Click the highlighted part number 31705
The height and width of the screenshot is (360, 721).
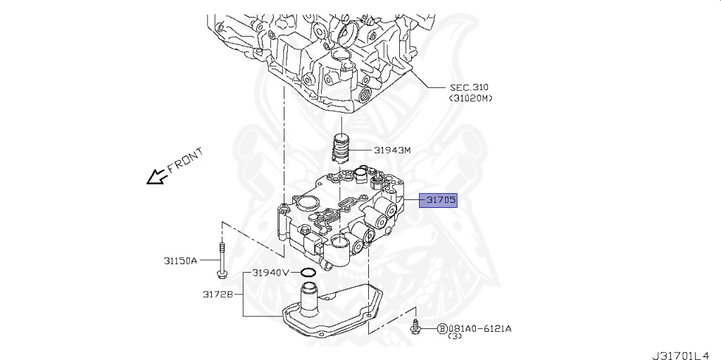click(x=440, y=200)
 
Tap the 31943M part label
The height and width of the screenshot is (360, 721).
click(x=392, y=150)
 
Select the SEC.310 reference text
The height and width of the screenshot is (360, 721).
click(x=469, y=87)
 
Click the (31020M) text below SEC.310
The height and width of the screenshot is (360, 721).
click(x=470, y=98)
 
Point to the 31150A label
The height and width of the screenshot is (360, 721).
click(x=181, y=260)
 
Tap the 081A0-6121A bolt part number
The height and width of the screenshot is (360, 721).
click(x=480, y=328)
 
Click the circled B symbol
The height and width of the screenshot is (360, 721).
click(x=442, y=328)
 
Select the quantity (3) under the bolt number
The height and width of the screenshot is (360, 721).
click(x=455, y=337)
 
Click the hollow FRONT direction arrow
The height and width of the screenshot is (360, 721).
click(x=154, y=177)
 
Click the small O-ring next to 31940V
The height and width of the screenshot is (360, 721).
click(x=308, y=272)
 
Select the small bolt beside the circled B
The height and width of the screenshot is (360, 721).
click(x=416, y=326)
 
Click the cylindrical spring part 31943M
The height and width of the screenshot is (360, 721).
click(x=341, y=148)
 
